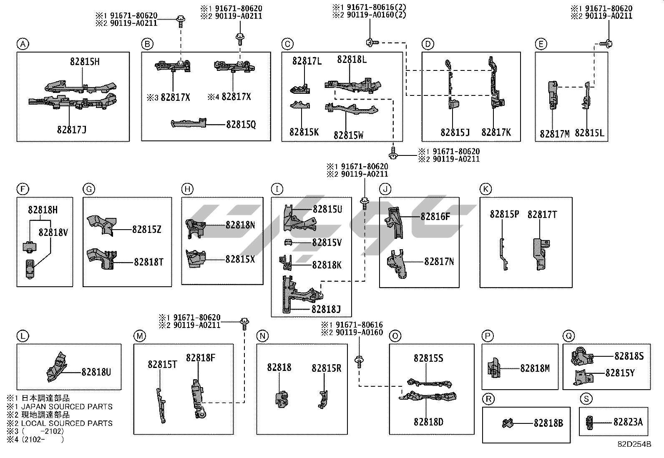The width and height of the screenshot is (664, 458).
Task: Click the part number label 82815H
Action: tap(85, 62)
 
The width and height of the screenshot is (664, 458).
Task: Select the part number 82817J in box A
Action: tap(72, 130)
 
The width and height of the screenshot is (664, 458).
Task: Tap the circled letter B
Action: tap(147, 44)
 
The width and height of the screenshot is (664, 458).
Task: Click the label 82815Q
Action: tap(241, 124)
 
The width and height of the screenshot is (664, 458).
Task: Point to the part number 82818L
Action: tap(352, 60)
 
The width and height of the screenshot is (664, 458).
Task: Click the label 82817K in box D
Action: tap(495, 132)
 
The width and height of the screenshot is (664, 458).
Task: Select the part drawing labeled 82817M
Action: tap(553, 95)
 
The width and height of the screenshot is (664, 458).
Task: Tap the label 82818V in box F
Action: tap(53, 232)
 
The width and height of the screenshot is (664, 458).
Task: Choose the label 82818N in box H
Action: tap(240, 225)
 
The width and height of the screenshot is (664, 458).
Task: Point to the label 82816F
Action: tap(435, 216)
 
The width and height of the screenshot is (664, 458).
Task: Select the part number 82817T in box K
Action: tap(542, 214)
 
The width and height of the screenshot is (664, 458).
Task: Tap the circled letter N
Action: tap(262, 336)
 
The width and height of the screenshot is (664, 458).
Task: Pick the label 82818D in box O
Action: tap(428, 422)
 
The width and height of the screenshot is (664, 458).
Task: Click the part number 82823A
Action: tap(628, 422)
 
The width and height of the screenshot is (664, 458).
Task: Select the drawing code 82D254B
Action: tap(634, 444)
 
